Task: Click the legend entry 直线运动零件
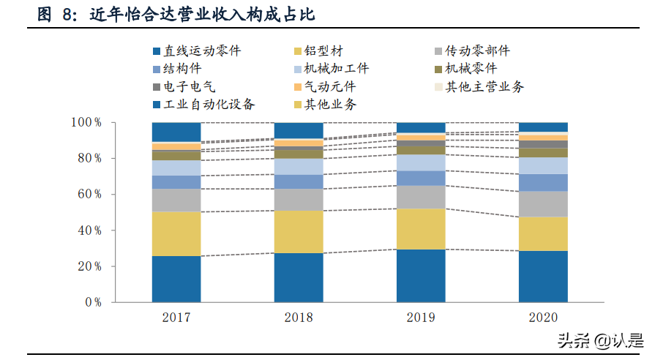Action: click(201, 51)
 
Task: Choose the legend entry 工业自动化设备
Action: click(209, 105)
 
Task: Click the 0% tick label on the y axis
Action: click(93, 302)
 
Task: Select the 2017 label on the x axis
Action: click(176, 318)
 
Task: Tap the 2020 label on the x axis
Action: click(543, 318)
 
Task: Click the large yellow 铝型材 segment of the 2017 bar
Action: click(176, 233)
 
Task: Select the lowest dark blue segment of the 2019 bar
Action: click(421, 275)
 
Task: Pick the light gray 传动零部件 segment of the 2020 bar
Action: click(543, 204)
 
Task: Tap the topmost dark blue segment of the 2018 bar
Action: click(299, 130)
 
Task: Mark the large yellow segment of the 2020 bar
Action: click(543, 234)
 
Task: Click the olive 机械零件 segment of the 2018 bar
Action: click(299, 154)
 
